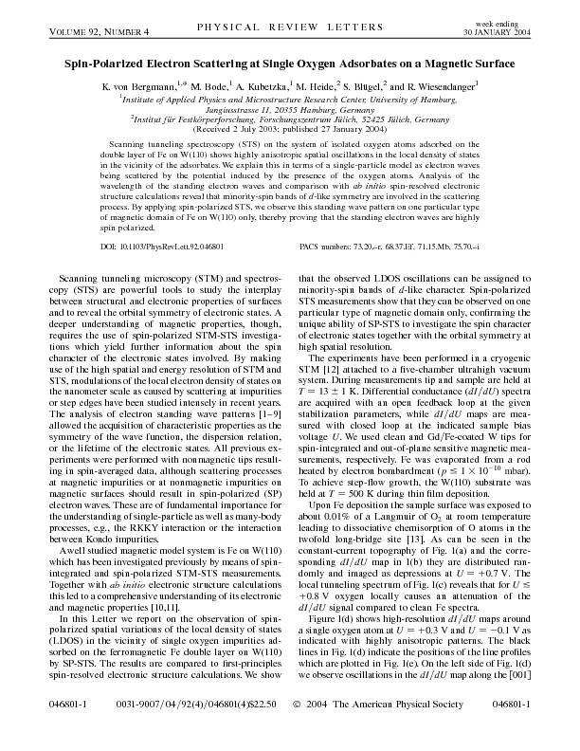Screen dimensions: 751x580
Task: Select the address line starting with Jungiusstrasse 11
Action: [289, 109]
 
